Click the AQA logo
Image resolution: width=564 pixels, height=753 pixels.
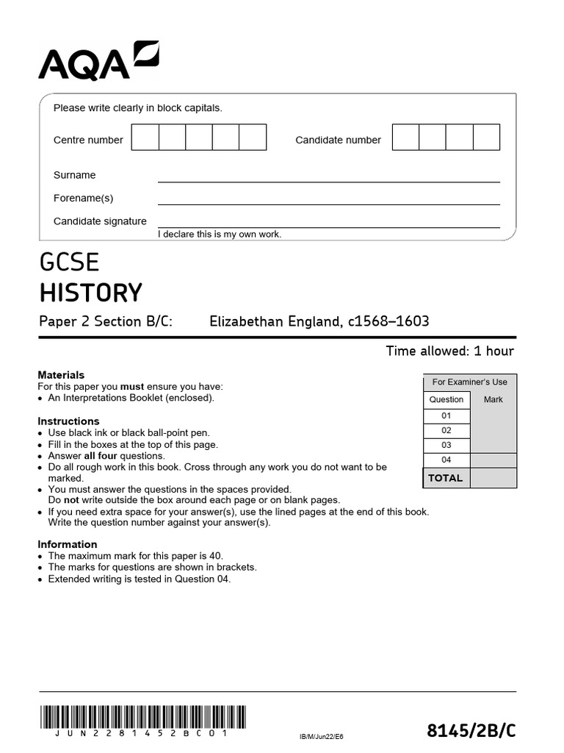[98, 61]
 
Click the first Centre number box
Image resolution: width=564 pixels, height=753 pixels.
[145, 138]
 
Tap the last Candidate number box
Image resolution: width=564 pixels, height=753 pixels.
[486, 138]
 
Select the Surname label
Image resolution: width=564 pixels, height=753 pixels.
[74, 175]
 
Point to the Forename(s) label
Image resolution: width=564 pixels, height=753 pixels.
[83, 198]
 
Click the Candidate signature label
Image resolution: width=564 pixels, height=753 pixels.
[100, 221]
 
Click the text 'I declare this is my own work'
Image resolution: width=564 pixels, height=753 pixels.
[220, 235]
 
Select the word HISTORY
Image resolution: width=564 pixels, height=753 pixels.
[90, 293]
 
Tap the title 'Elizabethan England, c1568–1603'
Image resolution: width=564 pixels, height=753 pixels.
[319, 321]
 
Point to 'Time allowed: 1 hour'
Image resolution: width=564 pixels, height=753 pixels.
[449, 351]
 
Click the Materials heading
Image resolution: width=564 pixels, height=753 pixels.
[61, 375]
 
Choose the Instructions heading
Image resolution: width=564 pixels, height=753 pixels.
[68, 421]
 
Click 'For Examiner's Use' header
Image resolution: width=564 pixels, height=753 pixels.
[470, 382]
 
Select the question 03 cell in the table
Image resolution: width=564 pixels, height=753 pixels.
[446, 445]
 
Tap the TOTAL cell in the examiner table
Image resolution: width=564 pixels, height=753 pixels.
[446, 478]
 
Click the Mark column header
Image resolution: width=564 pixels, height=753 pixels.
[493, 399]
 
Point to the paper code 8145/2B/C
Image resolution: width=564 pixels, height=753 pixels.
[471, 730]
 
